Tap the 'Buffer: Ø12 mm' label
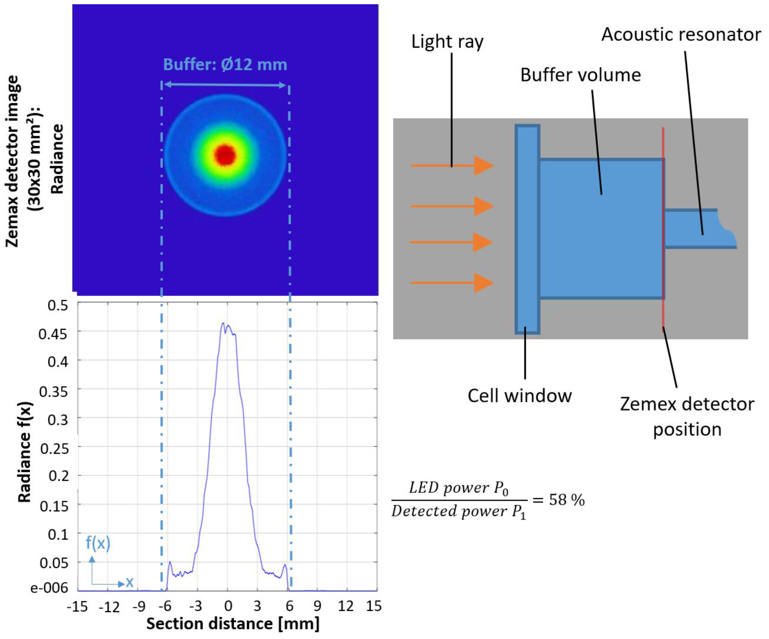pos(225,65)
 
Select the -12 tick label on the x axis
pos(109,607)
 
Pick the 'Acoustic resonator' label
pos(681,35)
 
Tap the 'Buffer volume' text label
pos(580,75)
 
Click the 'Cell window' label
pos(519,396)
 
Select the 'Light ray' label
pos(447,41)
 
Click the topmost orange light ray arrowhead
pos(483,166)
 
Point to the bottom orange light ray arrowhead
pos(483,283)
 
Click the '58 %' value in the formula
pos(567,500)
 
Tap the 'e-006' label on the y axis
pos(49,588)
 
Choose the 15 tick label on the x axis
pos(373,606)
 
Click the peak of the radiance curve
pos(223,324)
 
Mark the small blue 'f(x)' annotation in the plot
pos(98,543)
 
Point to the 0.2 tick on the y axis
pos(59,476)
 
